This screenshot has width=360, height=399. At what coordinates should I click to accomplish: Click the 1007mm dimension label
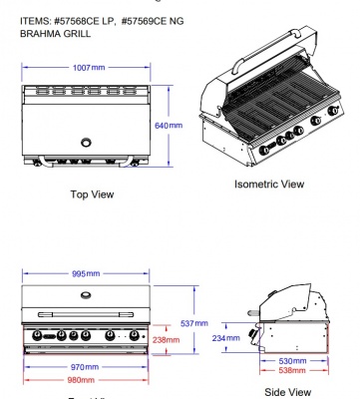(x=85, y=67)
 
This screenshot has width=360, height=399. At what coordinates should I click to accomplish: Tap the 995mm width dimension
(x=86, y=272)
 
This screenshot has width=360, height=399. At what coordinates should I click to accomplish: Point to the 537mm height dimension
(x=194, y=323)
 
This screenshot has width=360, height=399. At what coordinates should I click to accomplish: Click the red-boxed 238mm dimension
(x=167, y=340)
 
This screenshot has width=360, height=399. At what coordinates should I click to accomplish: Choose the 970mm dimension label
(x=85, y=367)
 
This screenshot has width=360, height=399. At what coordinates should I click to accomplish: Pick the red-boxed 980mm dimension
(x=85, y=379)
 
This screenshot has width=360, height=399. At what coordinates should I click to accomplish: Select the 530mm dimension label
(x=293, y=360)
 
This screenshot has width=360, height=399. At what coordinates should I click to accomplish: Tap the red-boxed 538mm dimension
(x=293, y=370)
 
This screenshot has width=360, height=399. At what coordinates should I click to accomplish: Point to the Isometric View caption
(x=268, y=184)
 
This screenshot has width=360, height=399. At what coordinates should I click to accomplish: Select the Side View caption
(x=287, y=392)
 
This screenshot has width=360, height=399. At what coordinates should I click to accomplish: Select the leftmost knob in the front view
(x=40, y=336)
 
